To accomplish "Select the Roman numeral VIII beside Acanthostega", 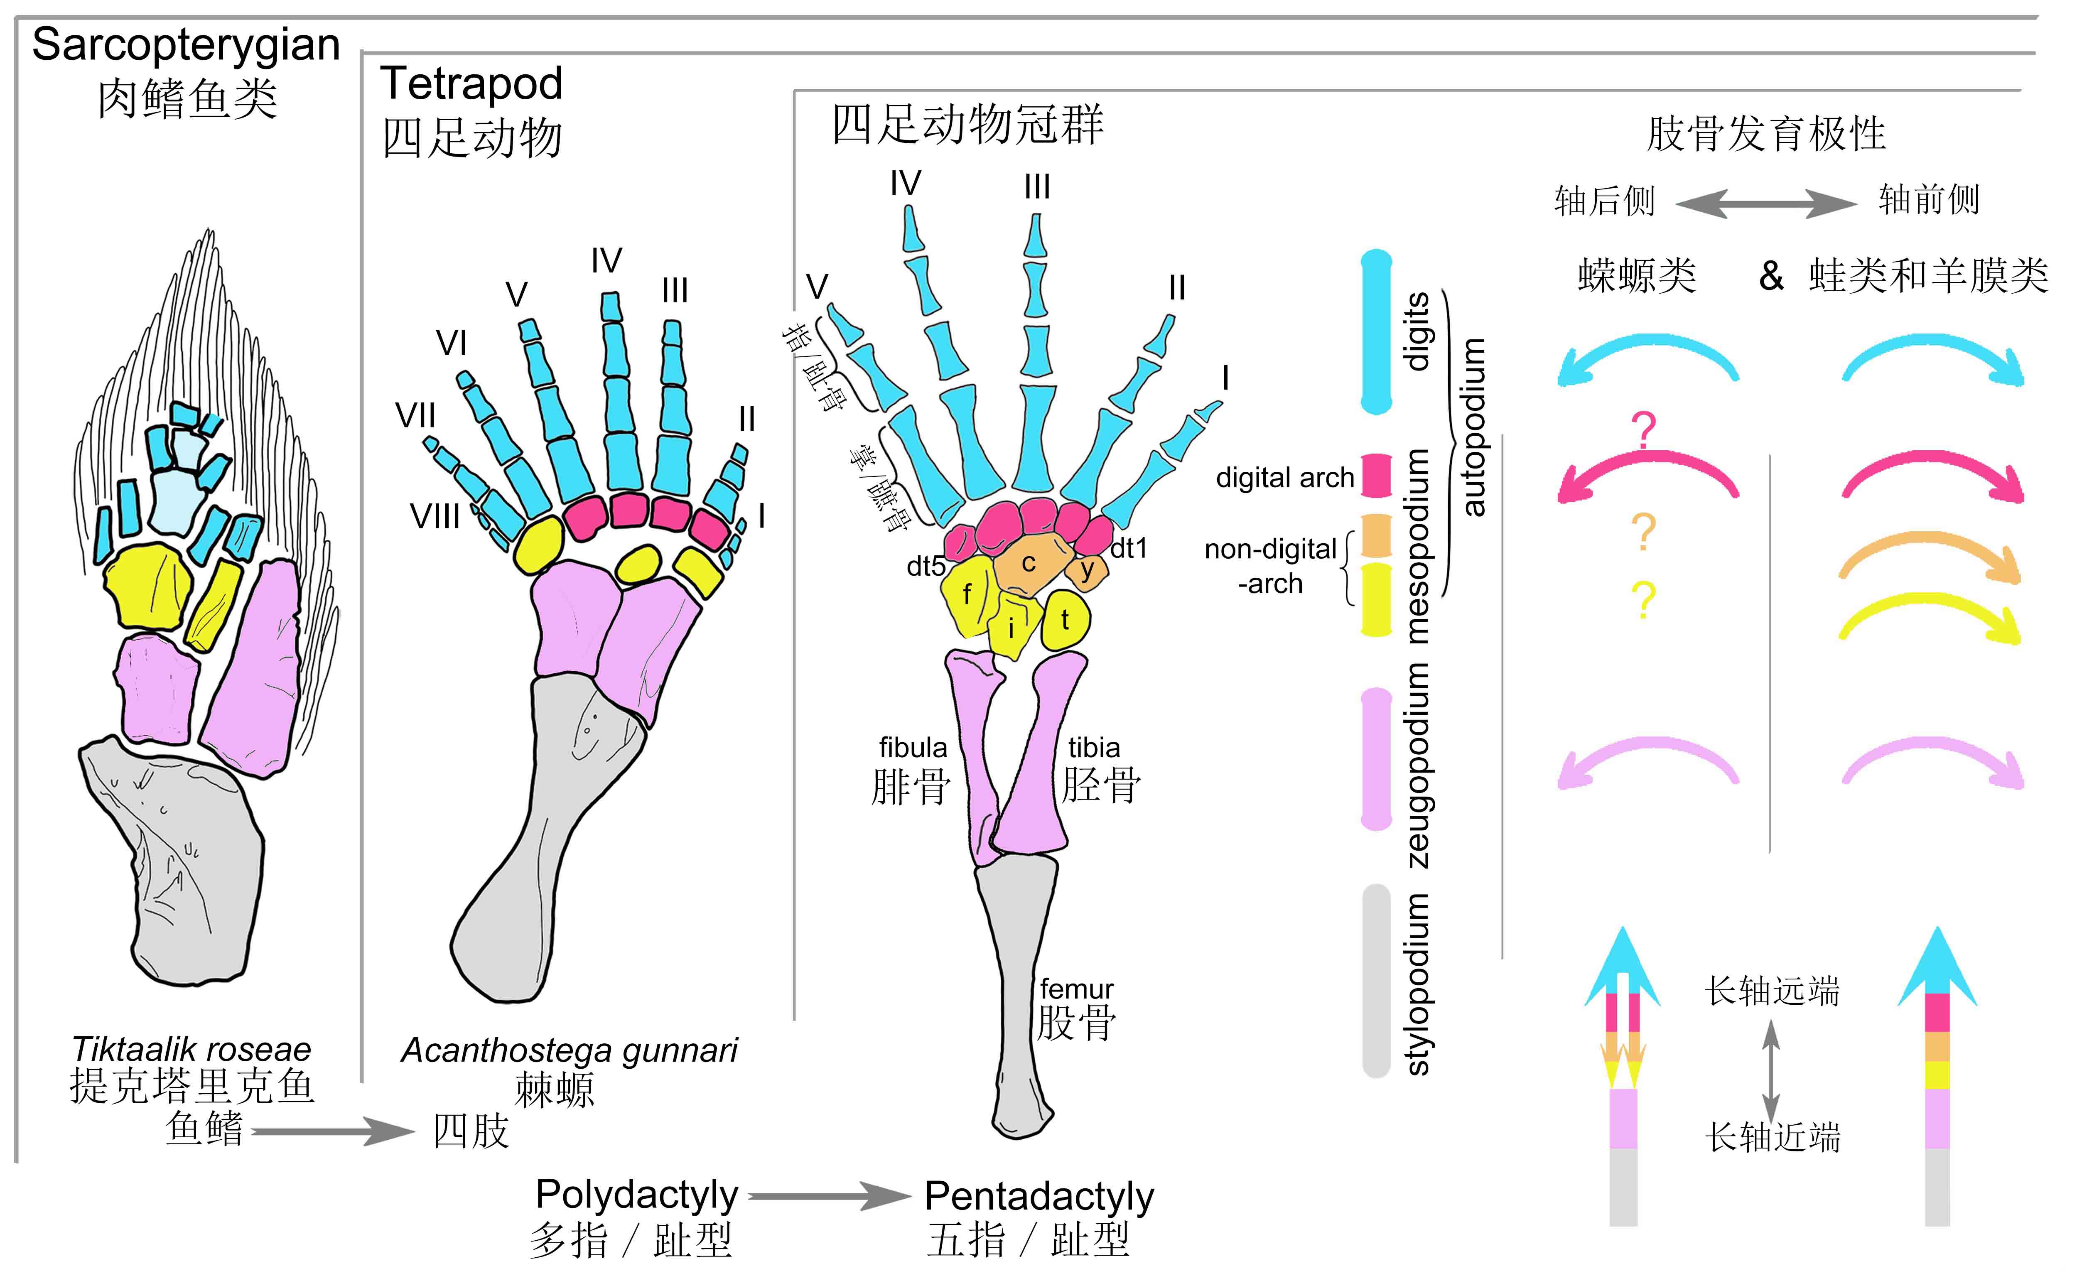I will pyautogui.click(x=435, y=516).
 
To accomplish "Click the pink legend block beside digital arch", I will pyautogui.click(x=1376, y=475).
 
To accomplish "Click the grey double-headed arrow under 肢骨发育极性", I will pyautogui.click(x=1765, y=203).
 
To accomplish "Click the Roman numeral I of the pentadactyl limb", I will pyautogui.click(x=1225, y=378).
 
